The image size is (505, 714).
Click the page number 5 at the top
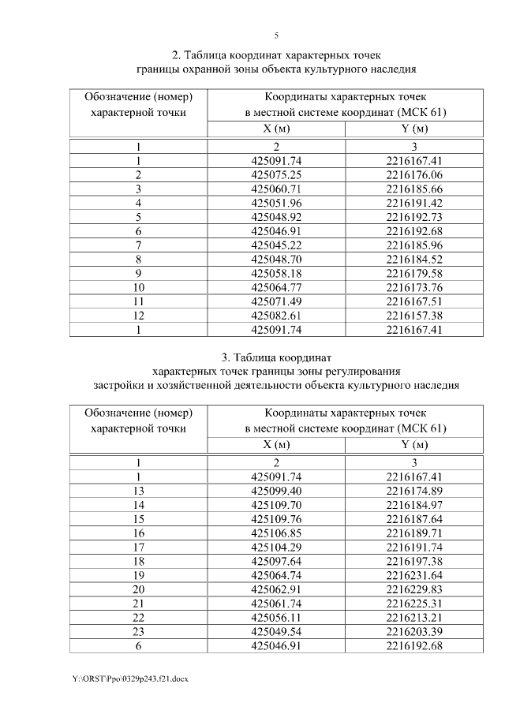point(276,36)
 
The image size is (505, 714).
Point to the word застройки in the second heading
point(118,385)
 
